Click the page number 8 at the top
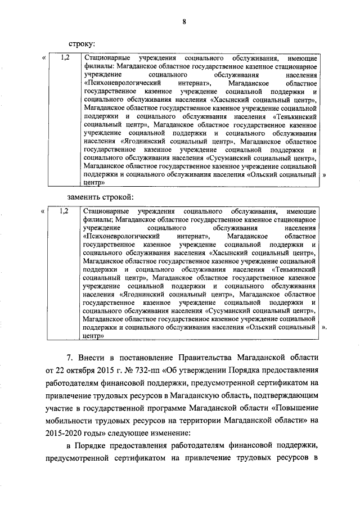point(183,22)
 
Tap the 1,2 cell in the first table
point(64,58)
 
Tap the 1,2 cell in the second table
point(64,211)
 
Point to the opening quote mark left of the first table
point(44,58)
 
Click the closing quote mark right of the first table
point(324,175)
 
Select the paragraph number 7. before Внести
point(70,357)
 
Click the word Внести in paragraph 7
point(93,357)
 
